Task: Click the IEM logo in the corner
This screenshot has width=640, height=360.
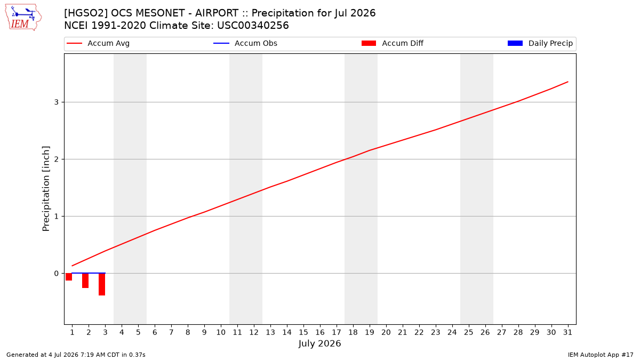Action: click(x=23, y=18)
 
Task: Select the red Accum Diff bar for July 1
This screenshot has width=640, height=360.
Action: click(x=69, y=277)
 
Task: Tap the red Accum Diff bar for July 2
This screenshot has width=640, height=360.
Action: click(x=85, y=281)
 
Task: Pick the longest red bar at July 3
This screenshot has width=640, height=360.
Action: click(x=102, y=284)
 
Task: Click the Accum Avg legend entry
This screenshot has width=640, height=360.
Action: click(x=98, y=43)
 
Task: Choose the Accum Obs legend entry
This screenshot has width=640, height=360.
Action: click(x=245, y=43)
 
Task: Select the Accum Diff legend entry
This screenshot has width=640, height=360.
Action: click(x=393, y=43)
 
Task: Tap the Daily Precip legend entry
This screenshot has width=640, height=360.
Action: click(x=540, y=43)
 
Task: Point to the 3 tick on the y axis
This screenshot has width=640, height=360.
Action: click(x=57, y=102)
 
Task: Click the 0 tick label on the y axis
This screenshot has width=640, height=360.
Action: click(x=57, y=274)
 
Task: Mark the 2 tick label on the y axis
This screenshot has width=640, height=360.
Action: click(x=57, y=159)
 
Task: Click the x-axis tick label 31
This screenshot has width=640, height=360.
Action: click(x=567, y=332)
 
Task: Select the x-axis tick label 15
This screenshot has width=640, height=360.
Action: click(x=303, y=332)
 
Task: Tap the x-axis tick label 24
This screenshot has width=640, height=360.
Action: click(x=452, y=332)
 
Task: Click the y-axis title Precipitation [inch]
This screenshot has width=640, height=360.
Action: click(x=46, y=189)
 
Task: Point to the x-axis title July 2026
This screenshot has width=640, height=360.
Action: click(x=319, y=343)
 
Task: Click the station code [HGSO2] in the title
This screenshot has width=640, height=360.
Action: click(x=86, y=13)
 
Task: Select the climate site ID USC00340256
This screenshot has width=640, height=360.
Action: click(x=253, y=26)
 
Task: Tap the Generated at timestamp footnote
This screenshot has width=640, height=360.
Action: click(x=76, y=355)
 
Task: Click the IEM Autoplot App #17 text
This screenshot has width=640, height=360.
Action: click(x=601, y=355)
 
